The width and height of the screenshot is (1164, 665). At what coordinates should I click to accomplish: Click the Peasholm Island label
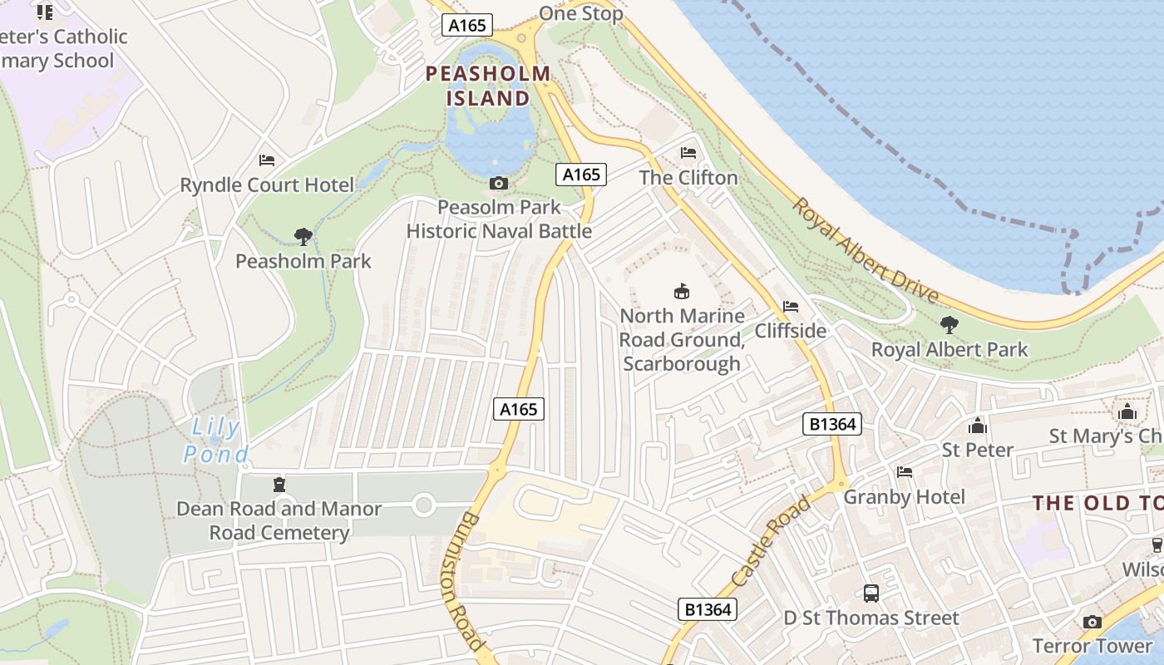coord(488,86)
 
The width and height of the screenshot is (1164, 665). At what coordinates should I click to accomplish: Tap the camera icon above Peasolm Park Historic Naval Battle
coord(499,183)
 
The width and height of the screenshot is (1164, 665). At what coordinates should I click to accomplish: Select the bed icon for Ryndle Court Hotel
coord(267,160)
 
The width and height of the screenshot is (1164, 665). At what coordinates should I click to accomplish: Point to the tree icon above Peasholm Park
coord(303,237)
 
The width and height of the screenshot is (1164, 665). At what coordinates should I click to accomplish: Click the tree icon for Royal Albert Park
coord(949,325)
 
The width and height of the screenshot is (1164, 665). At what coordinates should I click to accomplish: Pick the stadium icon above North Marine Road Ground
coord(682,291)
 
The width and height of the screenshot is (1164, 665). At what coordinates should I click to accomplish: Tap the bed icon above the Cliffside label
coord(791,307)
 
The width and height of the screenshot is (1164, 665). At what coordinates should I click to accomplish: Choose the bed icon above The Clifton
coord(688,153)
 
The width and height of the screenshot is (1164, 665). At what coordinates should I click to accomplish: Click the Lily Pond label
coord(215,441)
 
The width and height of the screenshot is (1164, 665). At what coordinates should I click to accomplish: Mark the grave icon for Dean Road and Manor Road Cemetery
coord(279,485)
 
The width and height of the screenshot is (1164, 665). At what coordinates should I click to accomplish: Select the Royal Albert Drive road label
coord(865,250)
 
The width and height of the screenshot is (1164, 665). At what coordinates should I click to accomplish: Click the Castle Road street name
coord(771,541)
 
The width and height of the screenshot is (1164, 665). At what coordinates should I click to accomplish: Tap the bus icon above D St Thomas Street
coord(871,594)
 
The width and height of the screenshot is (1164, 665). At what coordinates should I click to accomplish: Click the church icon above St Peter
coord(977,426)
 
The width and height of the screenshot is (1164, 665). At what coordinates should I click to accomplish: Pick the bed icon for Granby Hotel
coord(905,472)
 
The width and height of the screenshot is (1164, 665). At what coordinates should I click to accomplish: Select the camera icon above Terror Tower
coord(1092,622)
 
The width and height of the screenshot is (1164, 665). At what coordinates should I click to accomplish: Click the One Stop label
coord(580,13)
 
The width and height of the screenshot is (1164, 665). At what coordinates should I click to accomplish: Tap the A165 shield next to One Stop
coord(466,26)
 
